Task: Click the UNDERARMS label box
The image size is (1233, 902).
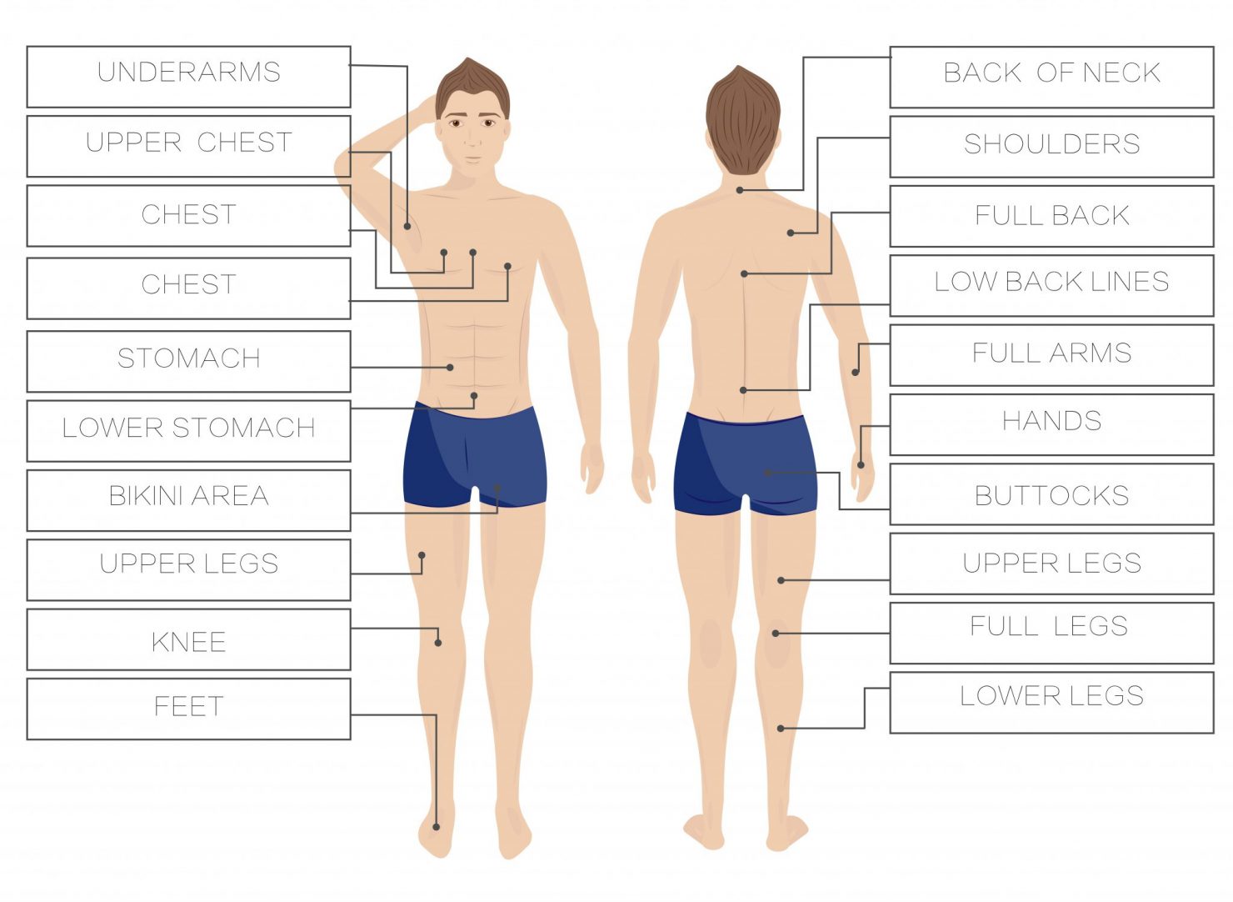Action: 188,76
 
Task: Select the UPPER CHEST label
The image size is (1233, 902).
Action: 188,146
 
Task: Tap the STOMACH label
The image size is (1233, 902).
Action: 188,361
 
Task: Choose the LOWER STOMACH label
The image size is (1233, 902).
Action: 188,430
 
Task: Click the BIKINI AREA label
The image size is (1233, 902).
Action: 188,499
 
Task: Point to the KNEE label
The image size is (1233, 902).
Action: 188,639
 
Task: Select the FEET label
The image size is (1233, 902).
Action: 188,709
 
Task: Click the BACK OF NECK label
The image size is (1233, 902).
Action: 1051,77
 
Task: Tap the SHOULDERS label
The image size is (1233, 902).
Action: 1051,147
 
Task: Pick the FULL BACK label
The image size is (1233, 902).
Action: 1051,216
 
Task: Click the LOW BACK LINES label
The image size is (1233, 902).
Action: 1051,285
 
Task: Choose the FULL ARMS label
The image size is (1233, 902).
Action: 1051,355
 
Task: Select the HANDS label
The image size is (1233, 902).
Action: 1051,424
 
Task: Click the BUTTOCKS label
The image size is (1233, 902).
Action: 1051,494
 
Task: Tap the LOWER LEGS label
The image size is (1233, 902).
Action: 1051,703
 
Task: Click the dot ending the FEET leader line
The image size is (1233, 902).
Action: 437,827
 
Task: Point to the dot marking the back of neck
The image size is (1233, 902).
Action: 740,191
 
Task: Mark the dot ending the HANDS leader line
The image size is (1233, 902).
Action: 861,465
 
